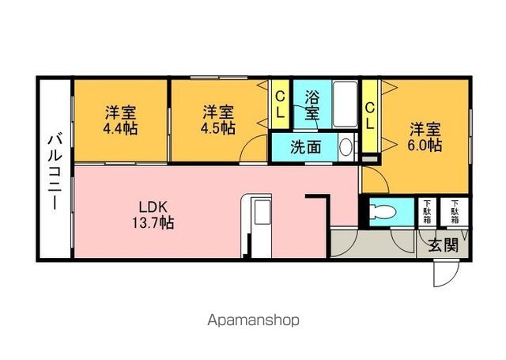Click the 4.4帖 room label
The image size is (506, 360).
(120, 120)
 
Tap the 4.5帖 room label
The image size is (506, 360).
(218, 120)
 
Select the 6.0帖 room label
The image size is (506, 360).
(425, 138)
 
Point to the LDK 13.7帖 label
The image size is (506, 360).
(153, 214)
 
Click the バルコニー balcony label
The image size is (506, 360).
(55, 172)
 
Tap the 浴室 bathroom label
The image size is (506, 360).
(312, 105)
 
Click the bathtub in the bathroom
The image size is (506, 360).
(345, 104)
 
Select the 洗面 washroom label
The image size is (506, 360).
(305, 147)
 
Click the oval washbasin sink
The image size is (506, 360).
(346, 147)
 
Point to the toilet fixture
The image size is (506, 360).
(383, 212)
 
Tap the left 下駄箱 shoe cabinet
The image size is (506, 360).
(427, 212)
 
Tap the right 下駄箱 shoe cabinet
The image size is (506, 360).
(455, 212)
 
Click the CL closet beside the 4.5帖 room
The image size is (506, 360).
(280, 104)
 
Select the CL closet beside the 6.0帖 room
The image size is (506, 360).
(370, 116)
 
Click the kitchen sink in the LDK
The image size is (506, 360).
(262, 212)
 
